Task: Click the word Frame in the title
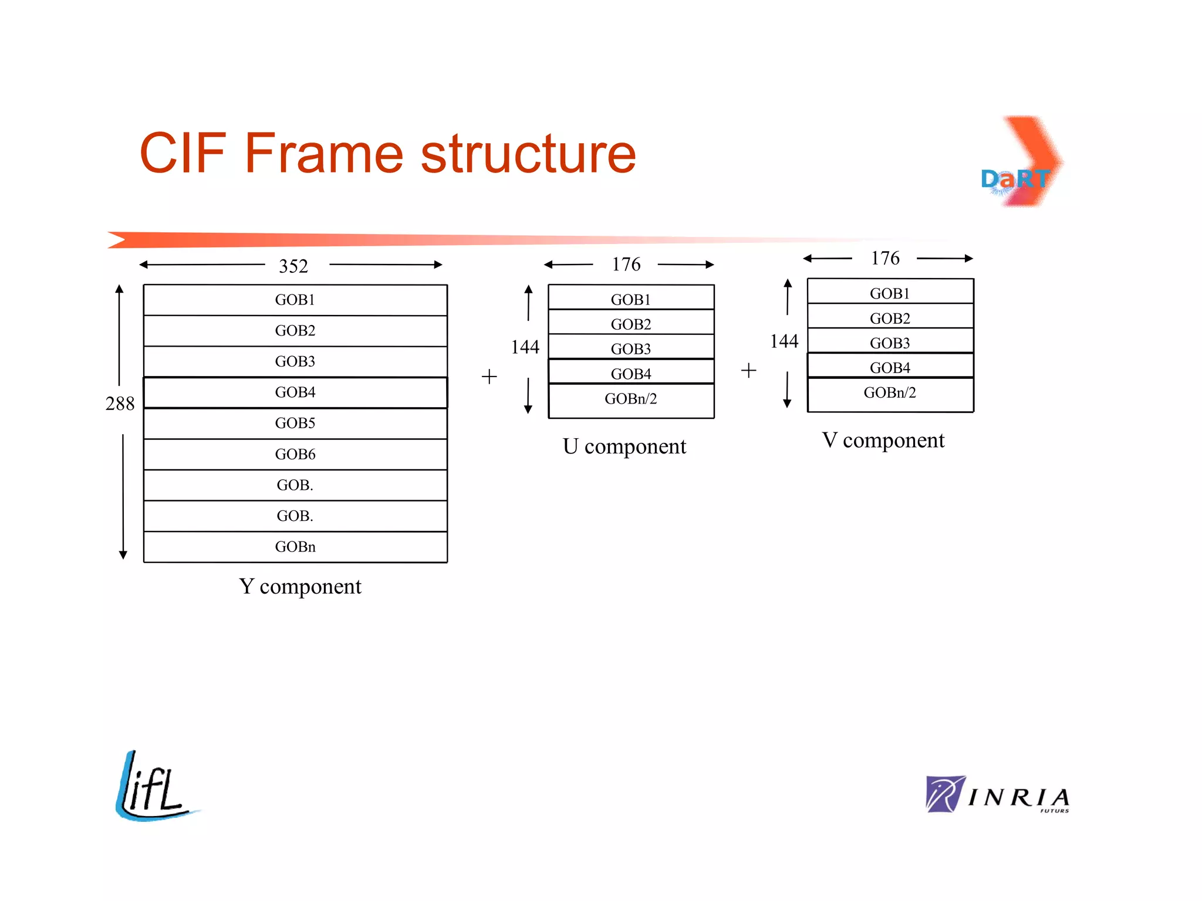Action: [323, 154]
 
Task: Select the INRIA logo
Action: [998, 795]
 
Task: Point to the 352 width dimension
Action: [293, 266]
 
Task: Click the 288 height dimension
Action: [120, 404]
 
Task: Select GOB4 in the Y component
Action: [295, 392]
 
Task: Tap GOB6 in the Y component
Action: [295, 454]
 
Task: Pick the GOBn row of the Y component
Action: [295, 547]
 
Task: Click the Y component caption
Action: [300, 586]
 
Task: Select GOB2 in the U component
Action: [631, 324]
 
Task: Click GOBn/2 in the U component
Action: [631, 399]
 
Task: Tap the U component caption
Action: [624, 446]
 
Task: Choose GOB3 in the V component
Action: [890, 343]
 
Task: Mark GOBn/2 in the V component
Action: [890, 392]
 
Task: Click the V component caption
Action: [883, 440]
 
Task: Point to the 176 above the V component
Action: [885, 258]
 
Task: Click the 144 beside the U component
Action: [525, 347]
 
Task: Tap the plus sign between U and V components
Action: [748, 370]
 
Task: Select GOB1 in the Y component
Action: [295, 300]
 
